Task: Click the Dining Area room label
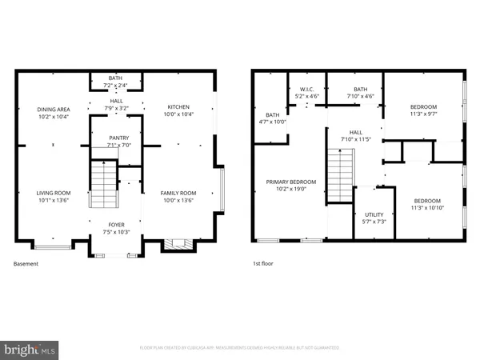click(53, 109)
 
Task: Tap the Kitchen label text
click(178, 107)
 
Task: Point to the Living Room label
click(53, 192)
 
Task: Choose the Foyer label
click(117, 225)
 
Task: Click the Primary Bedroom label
click(291, 182)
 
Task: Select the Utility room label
click(374, 214)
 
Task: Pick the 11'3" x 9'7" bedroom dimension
click(425, 114)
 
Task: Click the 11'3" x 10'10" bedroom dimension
click(425, 208)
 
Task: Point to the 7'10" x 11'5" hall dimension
click(355, 140)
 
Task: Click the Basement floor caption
click(26, 263)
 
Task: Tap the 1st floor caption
click(263, 263)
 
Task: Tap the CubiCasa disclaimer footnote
click(240, 348)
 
